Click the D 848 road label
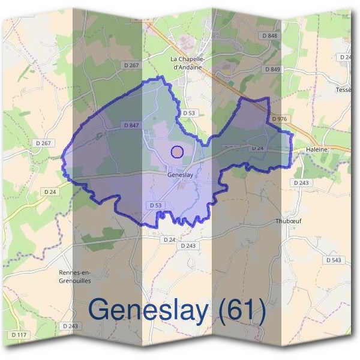pos(271,36)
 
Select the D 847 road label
pos(131,125)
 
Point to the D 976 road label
pos(279,119)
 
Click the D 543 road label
pos(333,260)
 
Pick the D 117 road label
pos(20,334)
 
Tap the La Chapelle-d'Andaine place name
pos(188,63)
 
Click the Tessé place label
pos(344,90)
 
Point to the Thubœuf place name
pos(287,220)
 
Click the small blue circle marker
pos(176,152)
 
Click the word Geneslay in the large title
pos(151,310)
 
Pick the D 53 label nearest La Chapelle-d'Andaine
pos(189,113)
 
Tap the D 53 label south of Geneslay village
pos(155,205)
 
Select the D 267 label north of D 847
pos(130,65)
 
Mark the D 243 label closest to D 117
pos(70,326)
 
